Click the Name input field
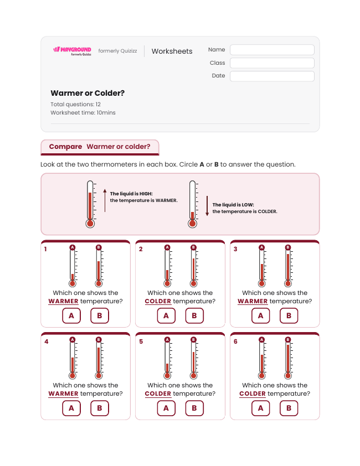(x=272, y=50)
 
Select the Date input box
(x=272, y=76)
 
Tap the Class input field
(x=272, y=63)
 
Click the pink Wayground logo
(x=73, y=51)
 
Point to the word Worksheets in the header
(x=172, y=51)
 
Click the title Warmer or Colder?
(x=88, y=93)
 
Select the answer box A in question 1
(x=71, y=315)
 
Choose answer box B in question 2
(x=194, y=315)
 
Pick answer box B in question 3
(x=289, y=315)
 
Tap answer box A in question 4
(x=71, y=408)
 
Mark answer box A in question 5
(x=166, y=408)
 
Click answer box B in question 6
(x=289, y=408)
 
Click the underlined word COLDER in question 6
(x=253, y=394)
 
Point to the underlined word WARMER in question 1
(x=63, y=302)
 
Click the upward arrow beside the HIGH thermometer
(x=105, y=200)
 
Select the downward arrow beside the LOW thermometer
(x=207, y=206)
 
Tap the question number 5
(x=141, y=341)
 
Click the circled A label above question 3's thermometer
(x=261, y=247)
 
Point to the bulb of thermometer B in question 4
(x=99, y=376)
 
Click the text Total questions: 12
(x=75, y=104)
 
